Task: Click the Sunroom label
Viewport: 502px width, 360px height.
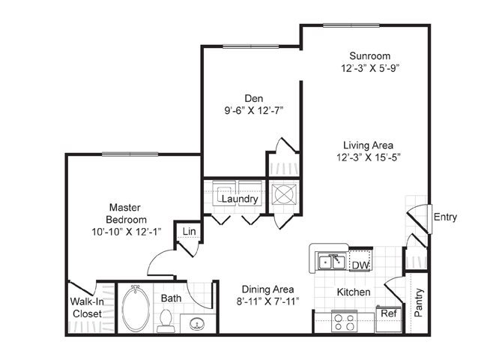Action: pos(370,56)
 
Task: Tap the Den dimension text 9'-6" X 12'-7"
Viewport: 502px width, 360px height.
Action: pos(254,111)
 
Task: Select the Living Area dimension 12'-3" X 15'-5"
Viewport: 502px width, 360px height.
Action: pos(369,157)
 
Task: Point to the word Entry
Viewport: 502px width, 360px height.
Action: pos(445,217)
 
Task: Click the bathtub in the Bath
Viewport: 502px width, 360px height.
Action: pos(136,308)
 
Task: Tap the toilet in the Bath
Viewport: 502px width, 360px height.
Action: pos(166,320)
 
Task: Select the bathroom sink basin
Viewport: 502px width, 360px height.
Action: pos(196,324)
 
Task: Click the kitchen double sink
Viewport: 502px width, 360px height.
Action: pos(333,262)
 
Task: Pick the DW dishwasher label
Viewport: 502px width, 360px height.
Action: pos(360,265)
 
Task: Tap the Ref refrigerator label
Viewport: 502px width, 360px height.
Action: pos(389,313)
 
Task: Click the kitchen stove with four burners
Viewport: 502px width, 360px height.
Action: pos(344,322)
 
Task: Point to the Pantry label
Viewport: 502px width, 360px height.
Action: pos(419,302)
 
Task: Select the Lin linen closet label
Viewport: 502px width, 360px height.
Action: pos(190,232)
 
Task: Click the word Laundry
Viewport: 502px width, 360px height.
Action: pos(240,199)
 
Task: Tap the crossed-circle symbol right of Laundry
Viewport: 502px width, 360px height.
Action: pos(284,194)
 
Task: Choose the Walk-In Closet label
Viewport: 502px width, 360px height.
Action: pos(87,307)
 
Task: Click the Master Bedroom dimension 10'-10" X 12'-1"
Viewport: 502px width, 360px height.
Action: pos(126,232)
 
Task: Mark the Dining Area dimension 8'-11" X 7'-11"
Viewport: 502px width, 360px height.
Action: pos(268,301)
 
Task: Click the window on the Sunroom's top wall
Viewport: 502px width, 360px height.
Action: pos(351,25)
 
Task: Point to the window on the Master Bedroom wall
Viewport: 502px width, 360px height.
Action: pos(130,154)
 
